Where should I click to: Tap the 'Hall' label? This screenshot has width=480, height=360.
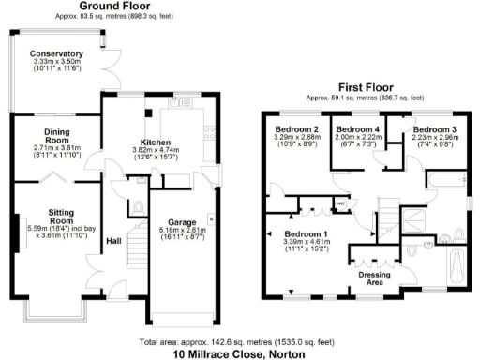114,241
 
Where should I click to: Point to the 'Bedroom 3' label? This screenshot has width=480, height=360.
436,128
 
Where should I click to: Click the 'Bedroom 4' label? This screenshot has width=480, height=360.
357,128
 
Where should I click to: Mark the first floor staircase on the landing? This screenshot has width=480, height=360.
386,210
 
